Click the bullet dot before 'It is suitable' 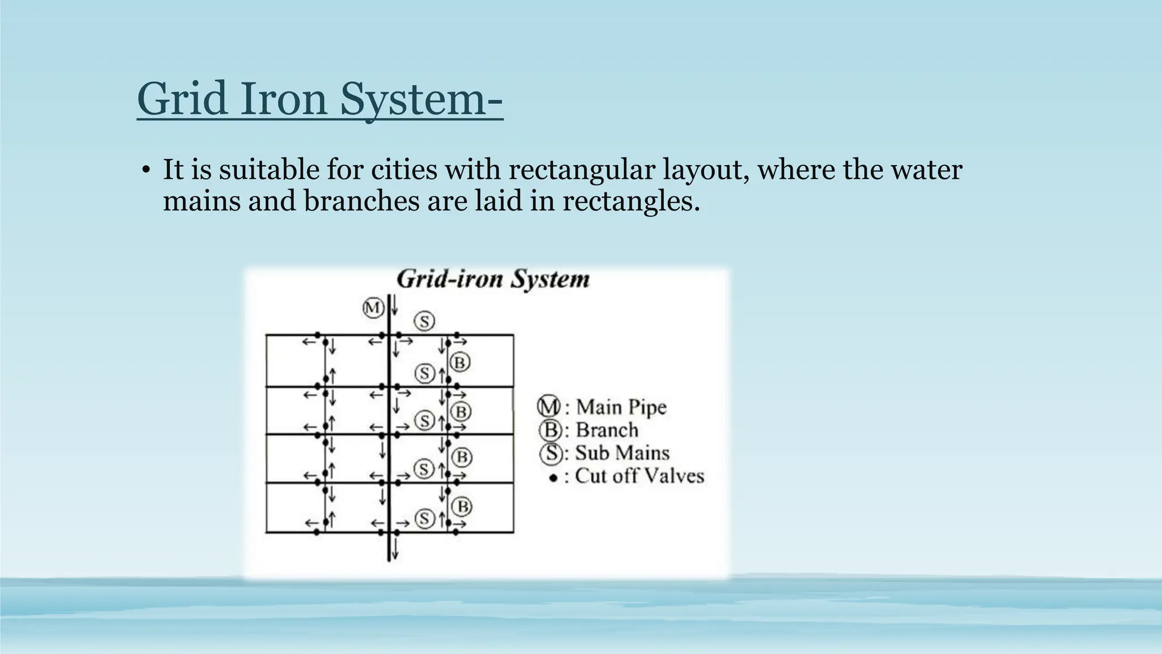[x=146, y=170]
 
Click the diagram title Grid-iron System [x=492, y=279]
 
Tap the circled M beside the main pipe [x=373, y=308]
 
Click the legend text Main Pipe [x=621, y=407]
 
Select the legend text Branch [x=607, y=430]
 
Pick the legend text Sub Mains [x=622, y=452]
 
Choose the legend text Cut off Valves [x=639, y=476]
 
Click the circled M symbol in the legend [x=548, y=406]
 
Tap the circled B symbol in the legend [x=549, y=430]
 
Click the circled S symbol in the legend [x=550, y=453]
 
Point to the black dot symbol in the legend [x=553, y=478]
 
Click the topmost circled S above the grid [x=424, y=321]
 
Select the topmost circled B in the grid [x=460, y=362]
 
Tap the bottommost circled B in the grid [x=462, y=506]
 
